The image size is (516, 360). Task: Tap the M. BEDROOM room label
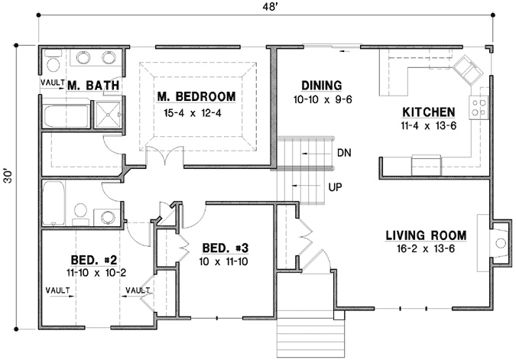pyautogui.click(x=196, y=97)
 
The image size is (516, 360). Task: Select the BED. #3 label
pyautogui.click(x=225, y=248)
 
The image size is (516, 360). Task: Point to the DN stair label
pyautogui.click(x=343, y=153)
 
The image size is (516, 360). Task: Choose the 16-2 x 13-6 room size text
pyautogui.click(x=421, y=250)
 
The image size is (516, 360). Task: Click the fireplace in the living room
pyautogui.click(x=499, y=242)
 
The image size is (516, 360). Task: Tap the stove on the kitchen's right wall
pyautogui.click(x=482, y=109)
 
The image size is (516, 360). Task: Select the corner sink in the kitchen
pyautogui.click(x=466, y=70)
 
